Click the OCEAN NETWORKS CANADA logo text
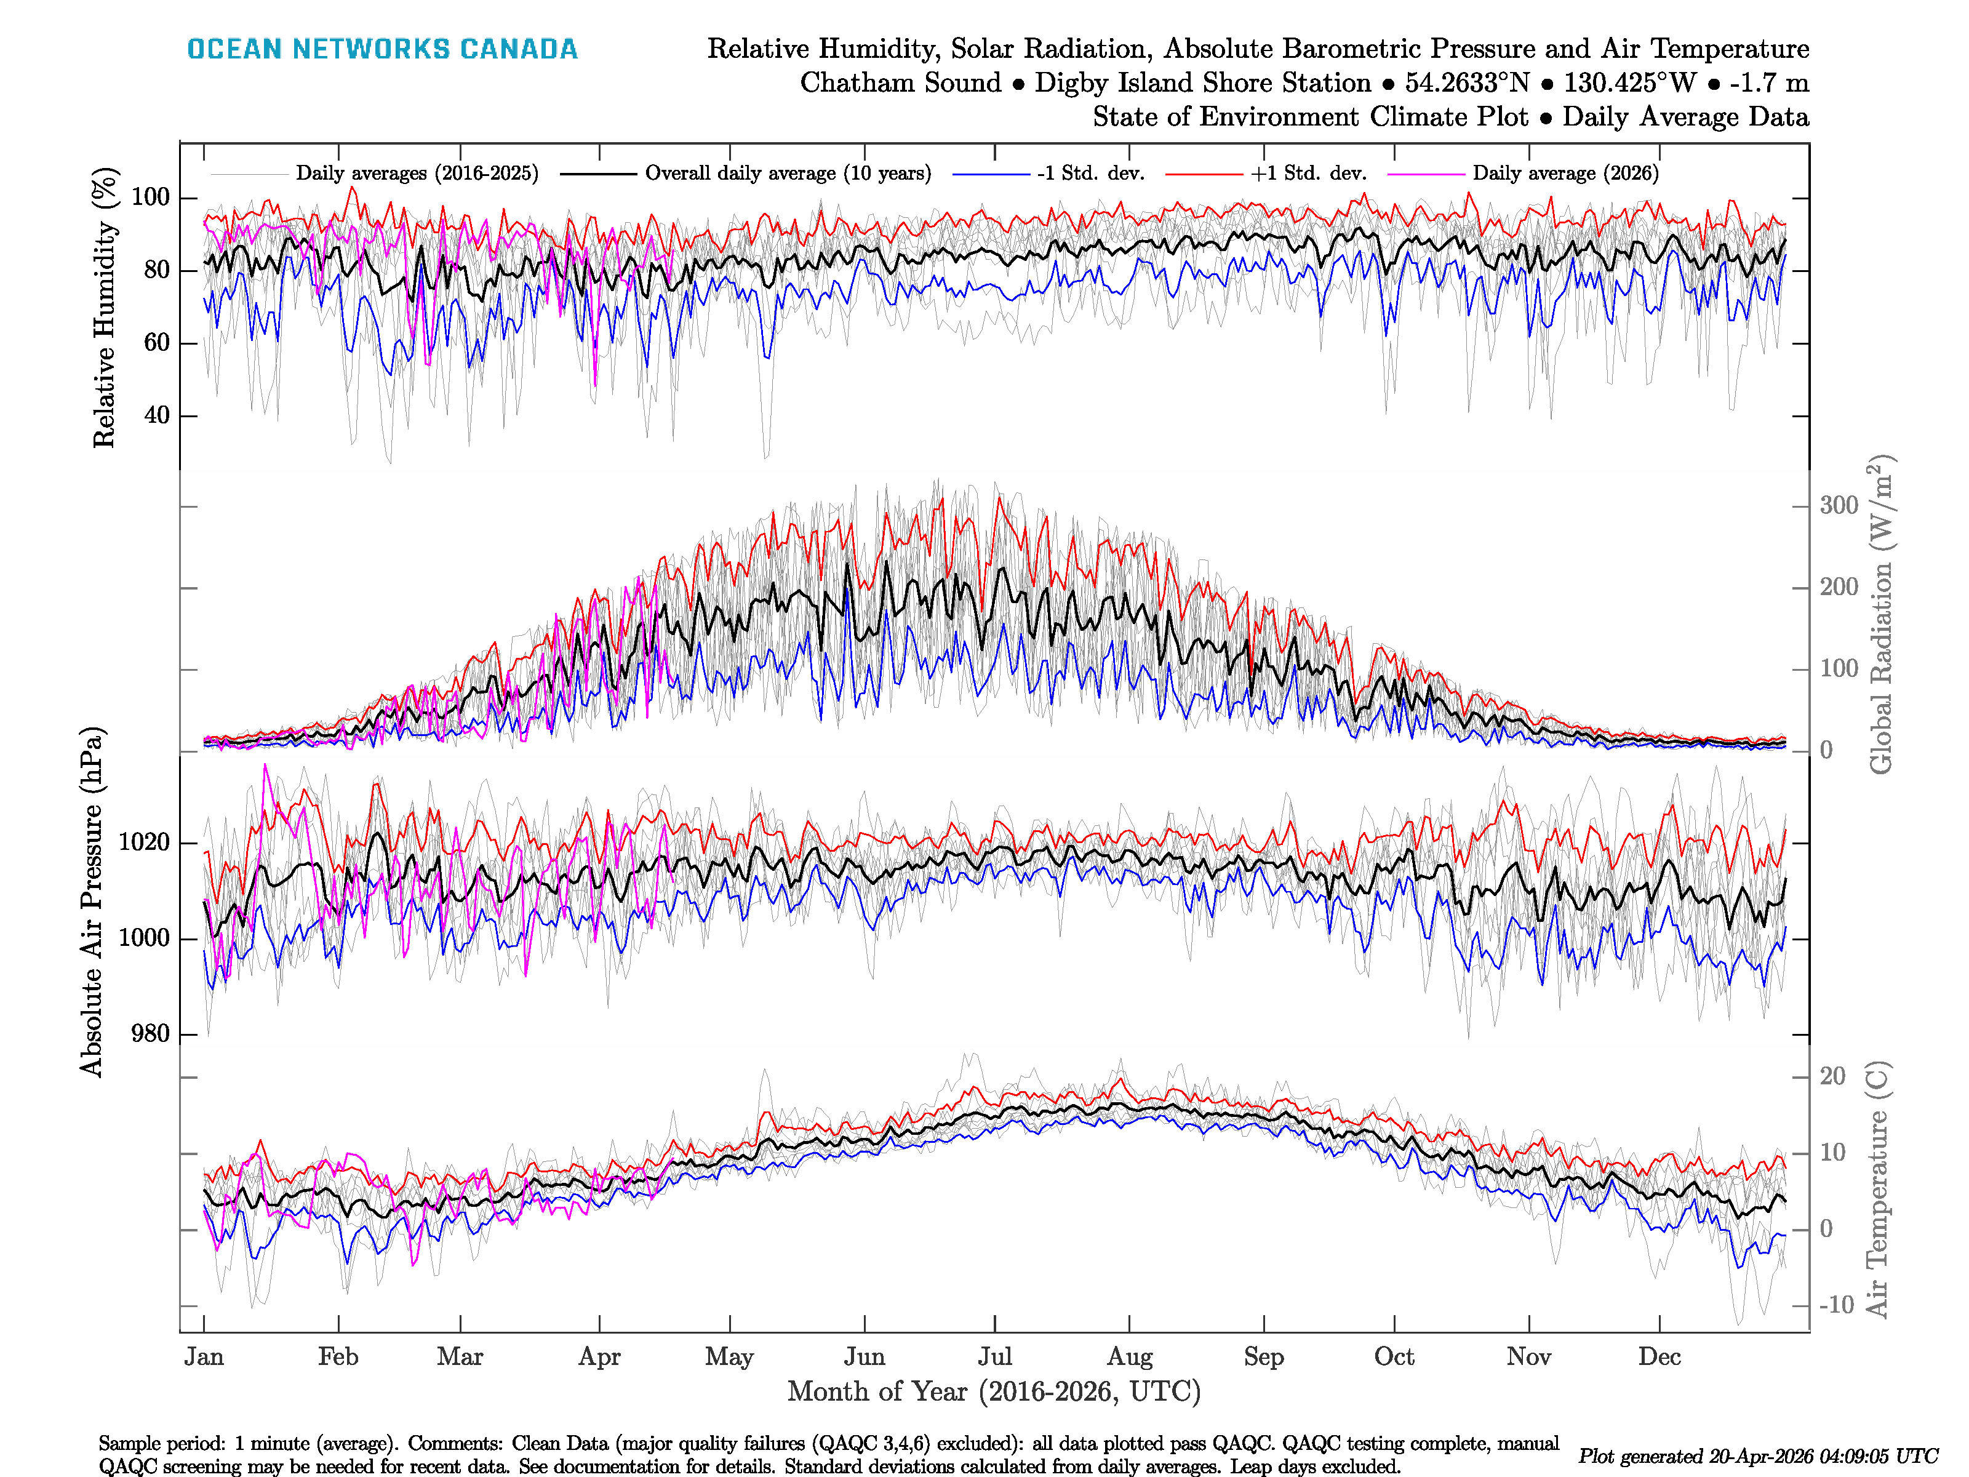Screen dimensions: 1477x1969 382,49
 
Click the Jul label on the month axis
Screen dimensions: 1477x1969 994,1357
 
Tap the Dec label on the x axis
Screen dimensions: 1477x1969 1659,1357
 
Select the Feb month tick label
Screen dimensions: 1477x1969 338,1357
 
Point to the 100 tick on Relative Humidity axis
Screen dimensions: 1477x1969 150,198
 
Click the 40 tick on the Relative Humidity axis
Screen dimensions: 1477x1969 157,416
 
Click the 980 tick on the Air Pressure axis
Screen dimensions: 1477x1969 150,1035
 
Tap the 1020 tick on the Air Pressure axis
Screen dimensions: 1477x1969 144,843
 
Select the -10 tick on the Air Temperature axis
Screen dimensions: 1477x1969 1835,1305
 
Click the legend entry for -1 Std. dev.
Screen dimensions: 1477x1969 1090,174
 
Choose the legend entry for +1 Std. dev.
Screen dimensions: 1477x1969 1309,174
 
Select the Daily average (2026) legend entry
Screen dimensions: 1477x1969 1565,174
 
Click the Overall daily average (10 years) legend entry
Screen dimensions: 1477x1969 788,174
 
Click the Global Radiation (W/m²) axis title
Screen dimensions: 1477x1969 1880,614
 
